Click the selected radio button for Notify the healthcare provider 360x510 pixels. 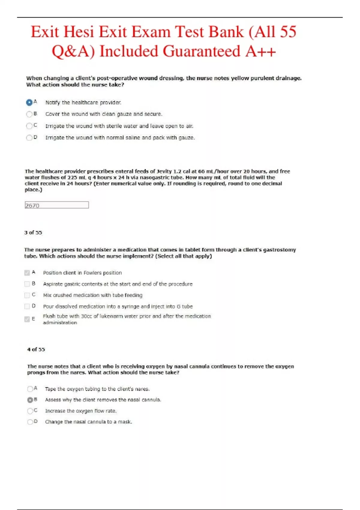coord(29,103)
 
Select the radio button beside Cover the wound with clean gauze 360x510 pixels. coord(29,114)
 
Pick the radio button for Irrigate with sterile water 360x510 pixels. coord(29,126)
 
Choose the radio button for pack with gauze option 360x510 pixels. coord(29,138)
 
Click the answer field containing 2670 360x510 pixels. coord(57,205)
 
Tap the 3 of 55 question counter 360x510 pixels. coord(33,232)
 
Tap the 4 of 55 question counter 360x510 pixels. coord(36,349)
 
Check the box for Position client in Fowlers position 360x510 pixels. coord(27,273)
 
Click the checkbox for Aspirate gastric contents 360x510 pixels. coord(27,284)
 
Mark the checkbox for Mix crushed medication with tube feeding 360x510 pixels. coord(27,295)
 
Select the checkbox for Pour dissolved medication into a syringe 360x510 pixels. coord(27,306)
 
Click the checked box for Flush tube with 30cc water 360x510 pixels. coord(27,319)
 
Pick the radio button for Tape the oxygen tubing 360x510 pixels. coord(30,389)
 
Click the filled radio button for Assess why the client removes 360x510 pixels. coord(30,400)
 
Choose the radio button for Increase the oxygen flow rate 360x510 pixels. coord(30,411)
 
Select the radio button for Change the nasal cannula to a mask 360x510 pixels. coord(30,422)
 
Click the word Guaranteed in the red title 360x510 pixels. coord(202,51)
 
